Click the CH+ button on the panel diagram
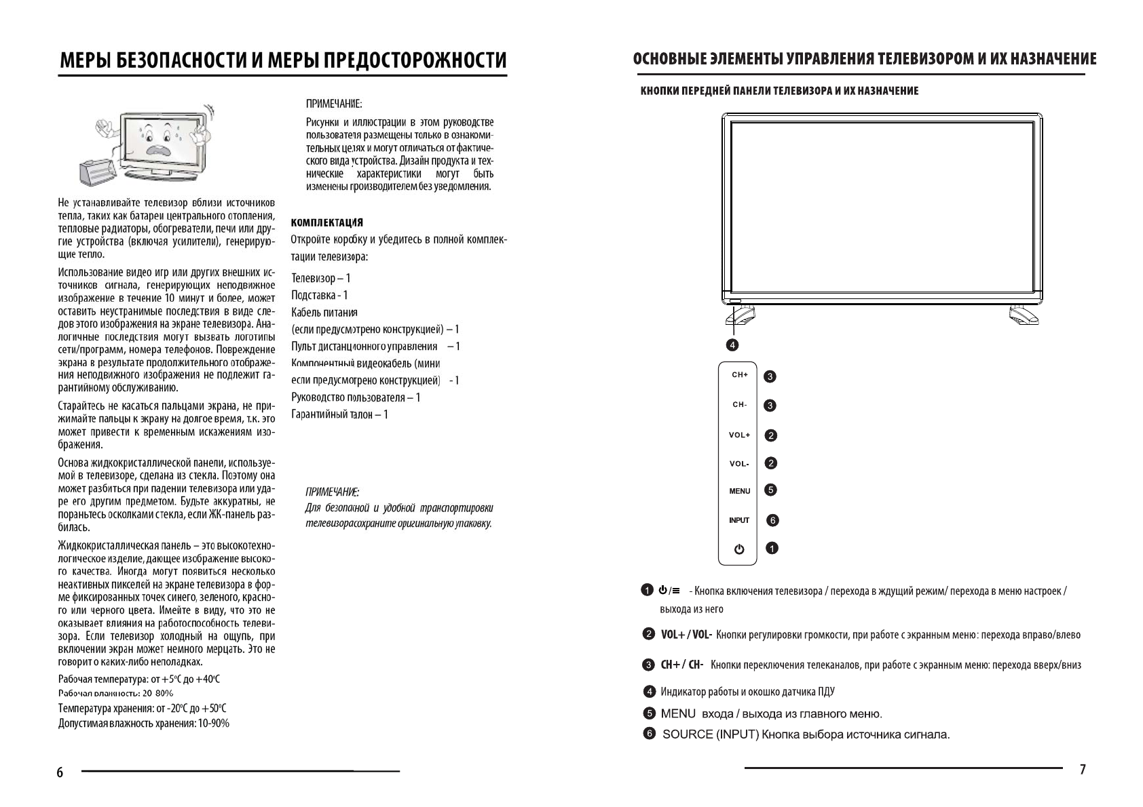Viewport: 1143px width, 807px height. (739, 375)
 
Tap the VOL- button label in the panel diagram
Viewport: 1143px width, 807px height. (739, 464)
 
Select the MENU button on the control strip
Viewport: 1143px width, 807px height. (739, 491)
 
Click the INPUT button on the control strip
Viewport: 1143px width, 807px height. (739, 520)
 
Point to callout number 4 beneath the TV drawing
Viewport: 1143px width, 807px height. (732, 345)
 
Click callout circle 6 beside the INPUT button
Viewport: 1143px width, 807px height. (772, 520)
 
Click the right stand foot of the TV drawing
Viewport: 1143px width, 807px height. (1022, 315)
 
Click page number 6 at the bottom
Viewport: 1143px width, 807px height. (60, 772)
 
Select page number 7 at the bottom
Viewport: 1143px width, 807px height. (1083, 769)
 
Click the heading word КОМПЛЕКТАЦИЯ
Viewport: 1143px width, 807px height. (326, 222)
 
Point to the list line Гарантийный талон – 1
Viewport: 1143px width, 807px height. (339, 414)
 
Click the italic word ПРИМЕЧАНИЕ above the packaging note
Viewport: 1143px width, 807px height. (332, 491)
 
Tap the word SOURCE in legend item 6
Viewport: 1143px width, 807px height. (688, 734)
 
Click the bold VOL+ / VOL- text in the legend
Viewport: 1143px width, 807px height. (686, 635)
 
